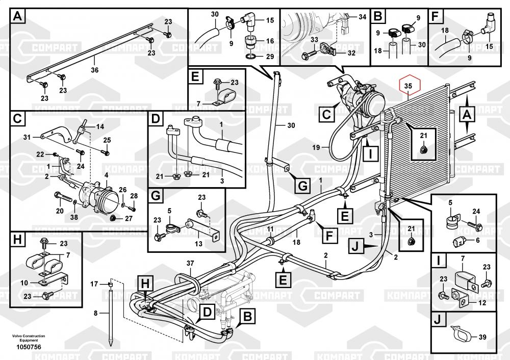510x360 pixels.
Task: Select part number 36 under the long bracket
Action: [x=95, y=69]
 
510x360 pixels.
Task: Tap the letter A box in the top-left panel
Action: [x=18, y=17]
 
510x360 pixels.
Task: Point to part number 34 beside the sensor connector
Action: [x=362, y=17]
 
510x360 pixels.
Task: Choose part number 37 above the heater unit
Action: [x=190, y=263]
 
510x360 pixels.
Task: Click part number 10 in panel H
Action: [x=24, y=282]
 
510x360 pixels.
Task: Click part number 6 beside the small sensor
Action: [x=477, y=240]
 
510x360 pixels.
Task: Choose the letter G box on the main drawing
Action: [x=303, y=186]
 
